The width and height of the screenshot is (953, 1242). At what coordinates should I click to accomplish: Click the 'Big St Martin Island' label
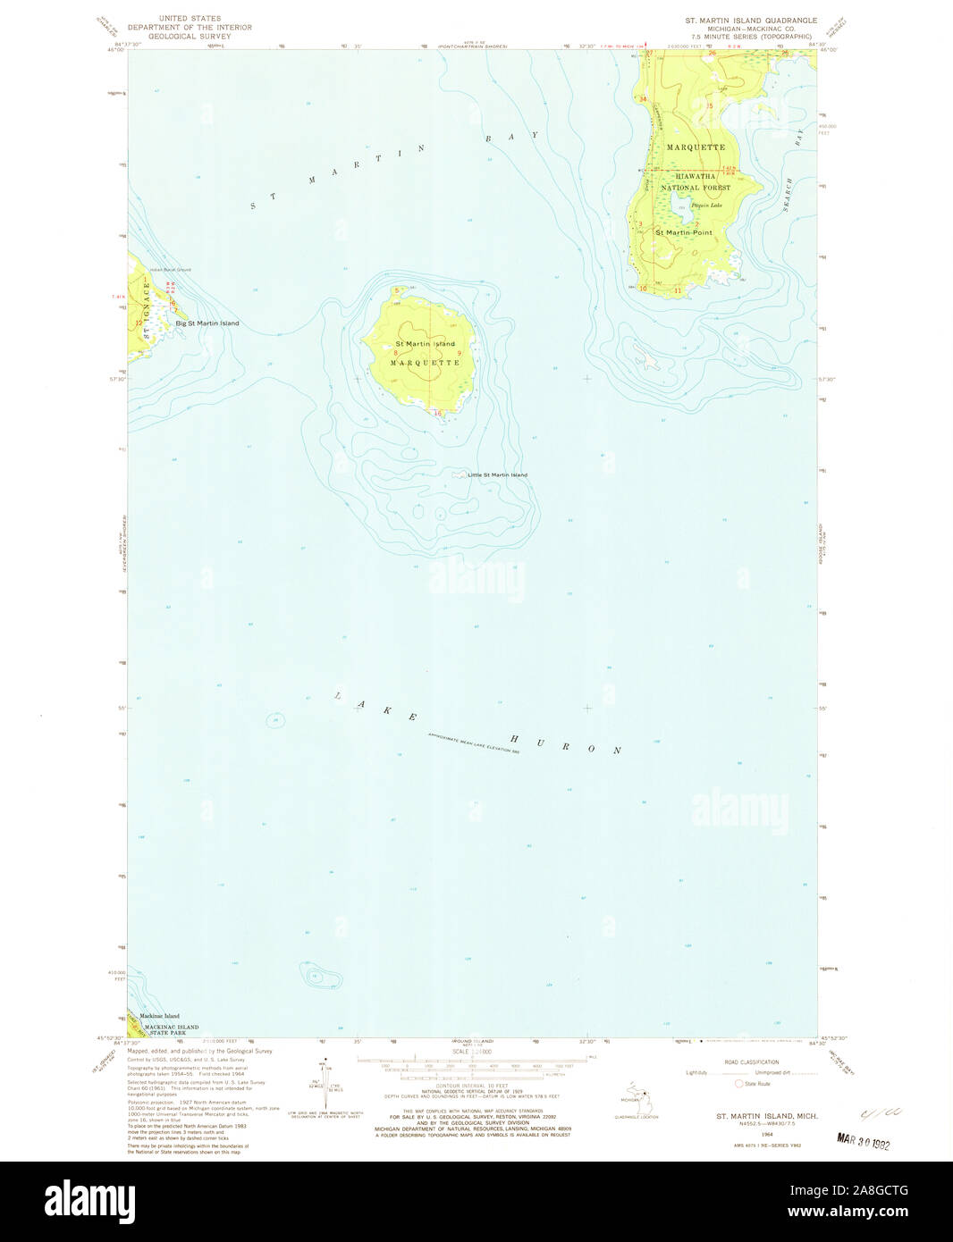[207, 323]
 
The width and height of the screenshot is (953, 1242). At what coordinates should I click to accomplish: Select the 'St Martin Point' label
[684, 232]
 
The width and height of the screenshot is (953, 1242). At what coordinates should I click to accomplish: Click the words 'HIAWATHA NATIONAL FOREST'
[696, 182]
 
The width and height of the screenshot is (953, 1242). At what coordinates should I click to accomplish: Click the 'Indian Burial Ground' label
[171, 269]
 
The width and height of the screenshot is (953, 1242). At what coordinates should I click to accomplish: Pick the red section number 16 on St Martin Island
[437, 413]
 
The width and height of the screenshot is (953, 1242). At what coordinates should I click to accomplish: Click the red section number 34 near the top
[642, 99]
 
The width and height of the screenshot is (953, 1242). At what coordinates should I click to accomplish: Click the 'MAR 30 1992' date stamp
[864, 1141]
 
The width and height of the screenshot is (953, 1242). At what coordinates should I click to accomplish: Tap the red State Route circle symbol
[739, 1083]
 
